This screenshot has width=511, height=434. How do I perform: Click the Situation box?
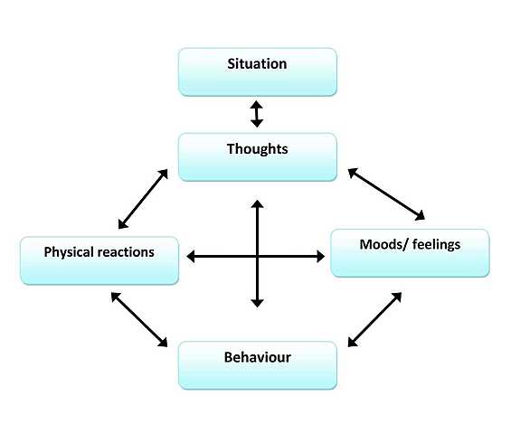coord(258,71)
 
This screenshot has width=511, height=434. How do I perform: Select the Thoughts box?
coord(258,156)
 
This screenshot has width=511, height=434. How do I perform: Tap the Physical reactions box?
coord(99,259)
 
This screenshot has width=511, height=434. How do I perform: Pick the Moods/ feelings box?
coord(410,252)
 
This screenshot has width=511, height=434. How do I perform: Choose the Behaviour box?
coord(258,365)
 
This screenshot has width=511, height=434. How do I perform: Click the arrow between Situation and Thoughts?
coord(257,114)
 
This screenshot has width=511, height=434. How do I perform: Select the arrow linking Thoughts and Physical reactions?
coord(143,198)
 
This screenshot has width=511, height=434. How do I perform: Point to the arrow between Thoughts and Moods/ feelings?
coord(386,193)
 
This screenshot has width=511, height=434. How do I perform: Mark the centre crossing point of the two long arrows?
coord(258,257)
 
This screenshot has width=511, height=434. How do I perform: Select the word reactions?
coord(126,252)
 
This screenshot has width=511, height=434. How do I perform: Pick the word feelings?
coord(436,244)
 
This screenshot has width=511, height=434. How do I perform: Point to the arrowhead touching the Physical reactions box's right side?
coord(192,258)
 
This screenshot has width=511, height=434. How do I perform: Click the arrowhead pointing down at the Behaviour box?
coord(258,302)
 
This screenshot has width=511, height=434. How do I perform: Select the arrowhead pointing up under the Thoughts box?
coord(258,206)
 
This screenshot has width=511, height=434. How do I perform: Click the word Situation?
coord(258,64)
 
